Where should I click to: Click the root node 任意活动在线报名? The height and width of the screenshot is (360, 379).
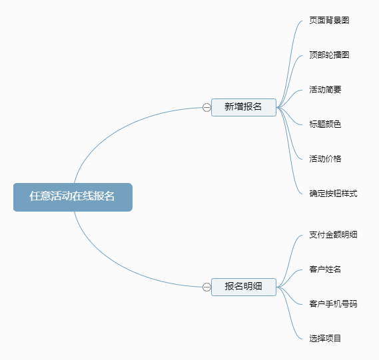[73, 197]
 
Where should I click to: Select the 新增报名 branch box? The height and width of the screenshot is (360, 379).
[243, 106]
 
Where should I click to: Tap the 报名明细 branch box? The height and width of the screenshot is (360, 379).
[243, 287]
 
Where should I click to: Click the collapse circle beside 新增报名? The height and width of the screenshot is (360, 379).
[206, 107]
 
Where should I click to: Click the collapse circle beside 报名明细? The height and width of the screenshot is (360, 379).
[206, 287]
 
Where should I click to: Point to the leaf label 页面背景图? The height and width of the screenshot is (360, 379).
[329, 21]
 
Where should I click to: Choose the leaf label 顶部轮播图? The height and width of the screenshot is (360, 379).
[329, 55]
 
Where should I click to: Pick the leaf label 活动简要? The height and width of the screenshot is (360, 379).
[325, 90]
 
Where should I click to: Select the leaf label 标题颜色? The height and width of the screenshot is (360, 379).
[325, 124]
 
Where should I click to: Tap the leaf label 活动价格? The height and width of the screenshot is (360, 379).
[325, 159]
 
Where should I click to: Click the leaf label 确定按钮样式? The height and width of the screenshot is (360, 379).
[333, 194]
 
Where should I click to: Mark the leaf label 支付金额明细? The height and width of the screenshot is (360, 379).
[333, 235]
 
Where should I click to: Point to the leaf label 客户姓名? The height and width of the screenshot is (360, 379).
[325, 270]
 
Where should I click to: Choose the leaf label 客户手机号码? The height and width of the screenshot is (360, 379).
[333, 304]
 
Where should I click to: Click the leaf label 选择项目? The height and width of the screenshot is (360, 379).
[325, 339]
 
